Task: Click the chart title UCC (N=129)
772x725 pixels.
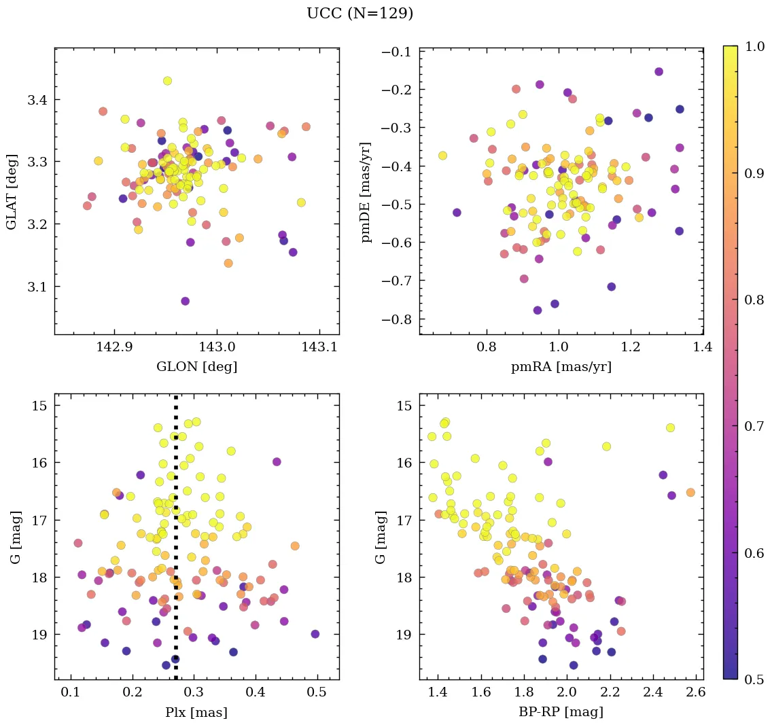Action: click(359, 14)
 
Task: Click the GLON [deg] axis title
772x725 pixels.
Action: click(196, 367)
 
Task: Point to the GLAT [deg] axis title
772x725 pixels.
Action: click(12, 191)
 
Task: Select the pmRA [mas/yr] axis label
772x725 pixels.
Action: click(561, 367)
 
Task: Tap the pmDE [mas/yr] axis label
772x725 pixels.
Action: click(366, 191)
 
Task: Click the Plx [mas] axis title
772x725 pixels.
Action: click(196, 713)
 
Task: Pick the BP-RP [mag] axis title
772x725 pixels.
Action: click(561, 713)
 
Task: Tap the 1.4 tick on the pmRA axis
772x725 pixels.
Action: click(703, 347)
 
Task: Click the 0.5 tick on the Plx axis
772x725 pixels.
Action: click(317, 692)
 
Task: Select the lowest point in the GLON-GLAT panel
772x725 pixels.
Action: click(185, 301)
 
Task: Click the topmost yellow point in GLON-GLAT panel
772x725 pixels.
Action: click(167, 81)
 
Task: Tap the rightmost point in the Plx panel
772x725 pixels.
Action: click(315, 634)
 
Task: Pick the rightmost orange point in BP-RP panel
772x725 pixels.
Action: click(690, 492)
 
